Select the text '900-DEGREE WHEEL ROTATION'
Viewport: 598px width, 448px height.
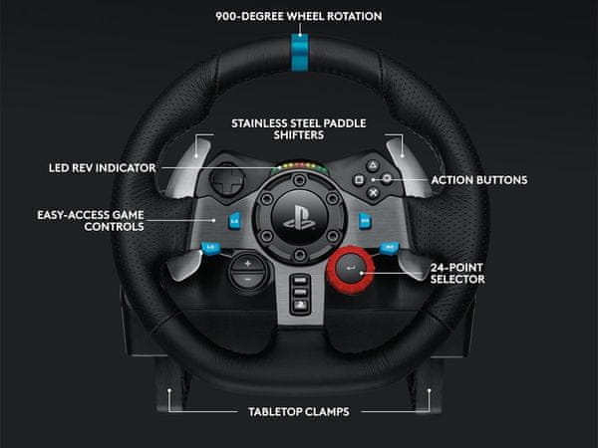click(299, 16)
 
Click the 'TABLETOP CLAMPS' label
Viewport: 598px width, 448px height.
click(299, 411)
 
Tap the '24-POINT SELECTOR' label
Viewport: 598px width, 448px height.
click(457, 274)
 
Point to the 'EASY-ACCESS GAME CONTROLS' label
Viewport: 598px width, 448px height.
click(91, 219)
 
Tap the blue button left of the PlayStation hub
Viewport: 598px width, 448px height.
click(232, 221)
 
